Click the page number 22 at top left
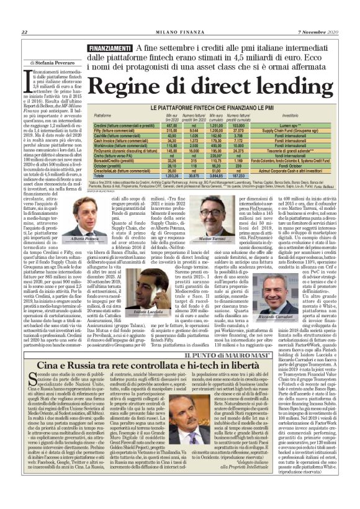[24, 14]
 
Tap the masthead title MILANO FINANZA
[180, 14]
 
